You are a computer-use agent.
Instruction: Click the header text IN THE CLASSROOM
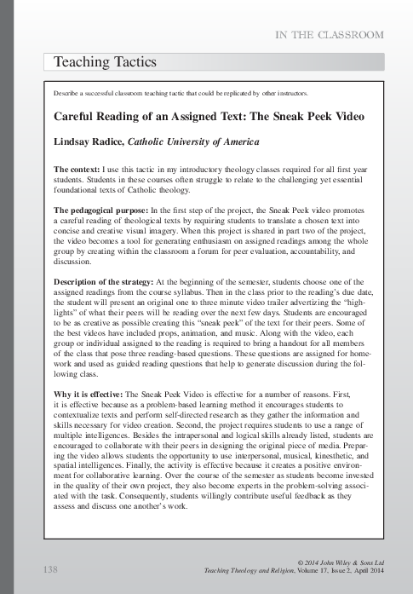327,35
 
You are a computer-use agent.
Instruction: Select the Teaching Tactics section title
105,62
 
